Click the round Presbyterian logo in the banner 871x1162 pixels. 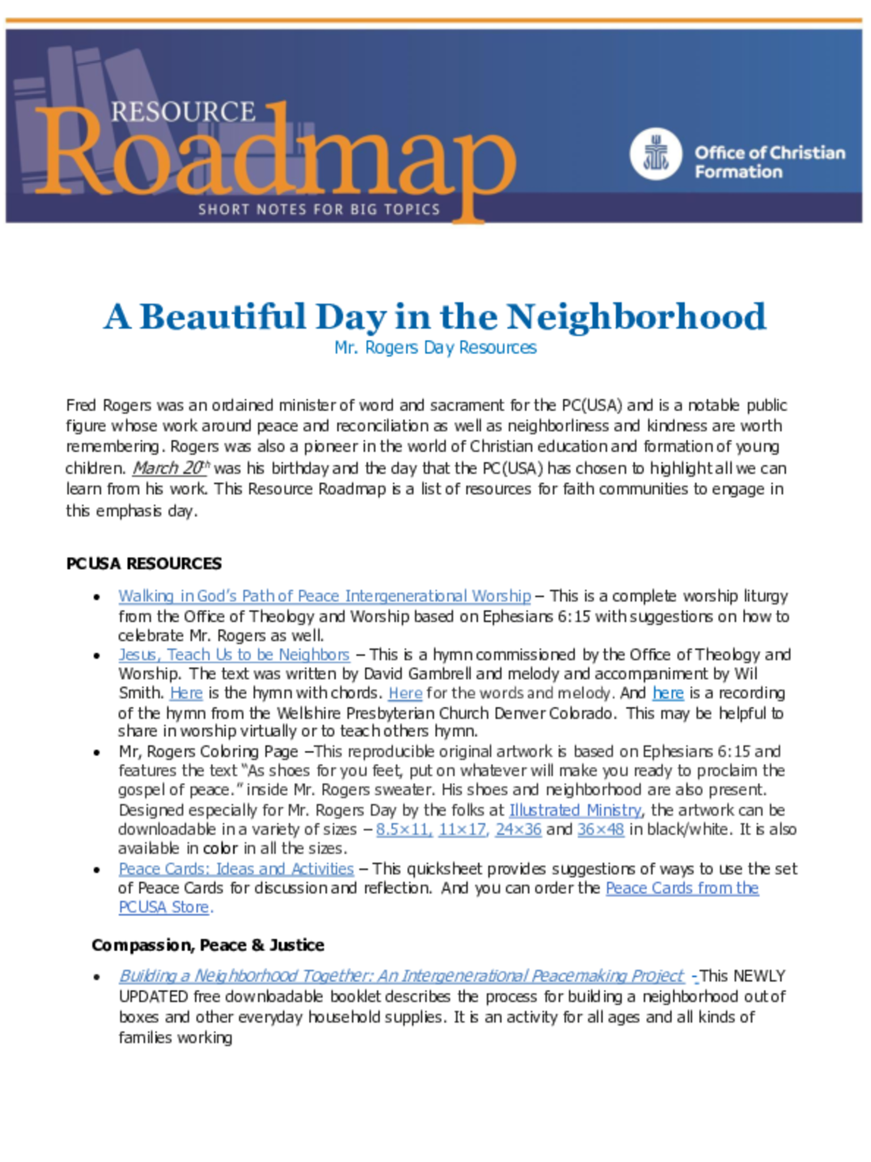click(655, 154)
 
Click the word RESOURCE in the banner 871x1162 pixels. click(183, 112)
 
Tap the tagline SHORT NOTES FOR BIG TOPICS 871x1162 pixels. click(319, 210)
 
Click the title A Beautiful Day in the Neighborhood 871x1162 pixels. click(435, 317)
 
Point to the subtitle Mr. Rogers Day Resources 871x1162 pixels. click(435, 348)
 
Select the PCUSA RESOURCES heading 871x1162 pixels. click(144, 564)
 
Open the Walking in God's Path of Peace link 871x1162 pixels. click(324, 596)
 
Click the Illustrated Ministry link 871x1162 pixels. click(575, 810)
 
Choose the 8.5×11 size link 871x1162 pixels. click(404, 830)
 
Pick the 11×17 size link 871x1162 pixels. click(462, 830)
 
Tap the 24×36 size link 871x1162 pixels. click(518, 830)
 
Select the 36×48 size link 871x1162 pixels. click(601, 830)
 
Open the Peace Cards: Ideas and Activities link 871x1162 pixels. click(236, 869)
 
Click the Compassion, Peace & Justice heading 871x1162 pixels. click(207, 945)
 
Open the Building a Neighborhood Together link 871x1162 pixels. click(401, 976)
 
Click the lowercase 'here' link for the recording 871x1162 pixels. click(668, 693)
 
